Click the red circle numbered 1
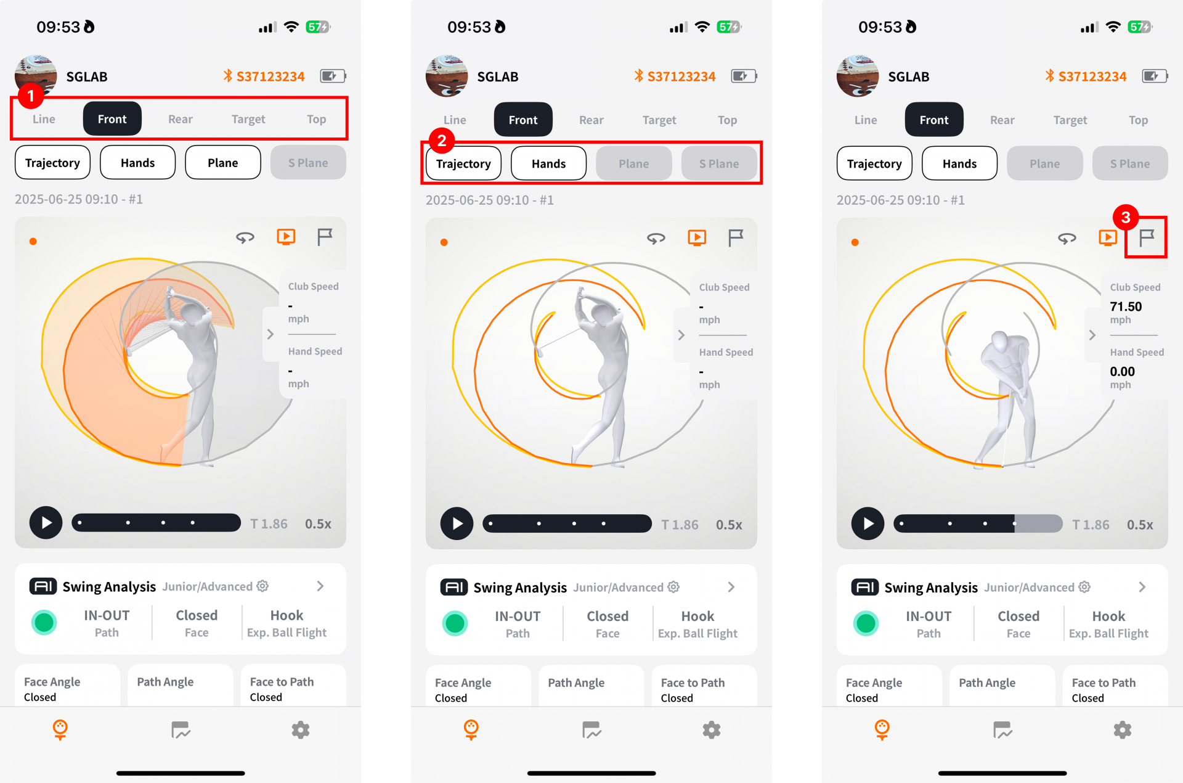[x=30, y=96]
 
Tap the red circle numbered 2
[x=441, y=141]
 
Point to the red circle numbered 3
[x=1126, y=217]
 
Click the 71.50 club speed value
[x=1126, y=306]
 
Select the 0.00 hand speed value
[x=1122, y=372]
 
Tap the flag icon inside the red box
[x=1146, y=237]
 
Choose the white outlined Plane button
[x=222, y=163]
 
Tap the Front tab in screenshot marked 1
[x=112, y=119]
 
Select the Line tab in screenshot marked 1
[x=44, y=119]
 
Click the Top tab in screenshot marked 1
[x=316, y=119]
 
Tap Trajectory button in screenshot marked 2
[x=463, y=164]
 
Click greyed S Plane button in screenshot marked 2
[x=719, y=164]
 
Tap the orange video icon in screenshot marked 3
[x=1107, y=237]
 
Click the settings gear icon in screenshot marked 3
[x=1122, y=730]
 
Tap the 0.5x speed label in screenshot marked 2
[x=729, y=525]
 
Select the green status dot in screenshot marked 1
[x=44, y=623]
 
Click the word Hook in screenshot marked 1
[x=287, y=615]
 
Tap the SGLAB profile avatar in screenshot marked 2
[x=447, y=76]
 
